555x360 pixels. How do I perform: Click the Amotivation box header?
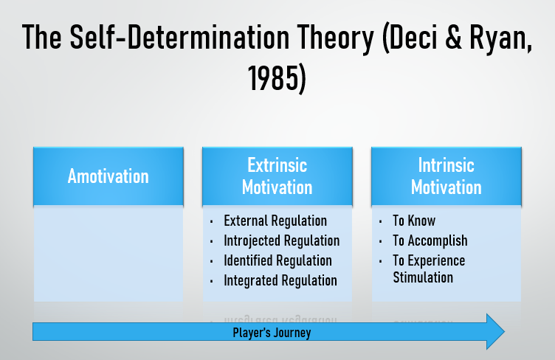108,176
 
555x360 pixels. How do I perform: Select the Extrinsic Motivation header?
277,176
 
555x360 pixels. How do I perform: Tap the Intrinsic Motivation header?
447,176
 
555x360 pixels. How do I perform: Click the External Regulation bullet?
275,221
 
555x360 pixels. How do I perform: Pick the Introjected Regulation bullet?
281,240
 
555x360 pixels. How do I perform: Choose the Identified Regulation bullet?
277,260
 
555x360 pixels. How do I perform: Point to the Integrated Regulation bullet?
280,280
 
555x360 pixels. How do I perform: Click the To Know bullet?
414,221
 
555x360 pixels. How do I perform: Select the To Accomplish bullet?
430,240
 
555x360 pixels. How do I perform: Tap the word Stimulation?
423,277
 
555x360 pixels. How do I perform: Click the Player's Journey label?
272,333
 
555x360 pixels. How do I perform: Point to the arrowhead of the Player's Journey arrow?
504,332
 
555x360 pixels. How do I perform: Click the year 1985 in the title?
271,78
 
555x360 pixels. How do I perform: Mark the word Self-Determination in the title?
179,36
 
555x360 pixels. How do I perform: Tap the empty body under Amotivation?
108,253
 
